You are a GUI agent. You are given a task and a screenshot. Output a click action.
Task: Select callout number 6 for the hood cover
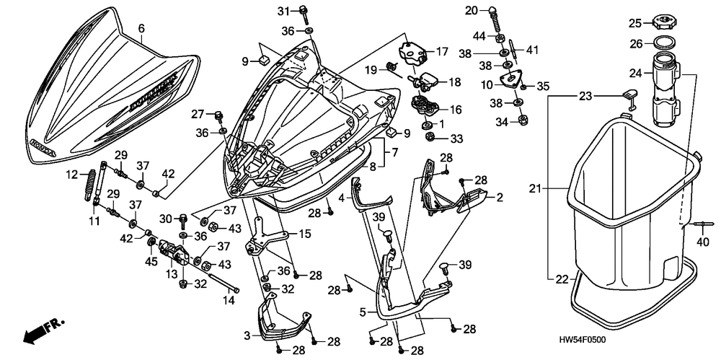tap(141, 28)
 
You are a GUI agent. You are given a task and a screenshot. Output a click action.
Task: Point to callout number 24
tap(634, 72)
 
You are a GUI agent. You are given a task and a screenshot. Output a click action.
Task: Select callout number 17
tap(441, 51)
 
